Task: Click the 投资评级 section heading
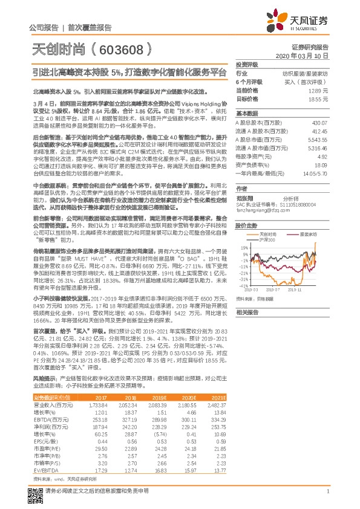click(247, 64)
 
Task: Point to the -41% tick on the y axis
click(243, 286)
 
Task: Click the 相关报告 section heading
click(247, 313)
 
